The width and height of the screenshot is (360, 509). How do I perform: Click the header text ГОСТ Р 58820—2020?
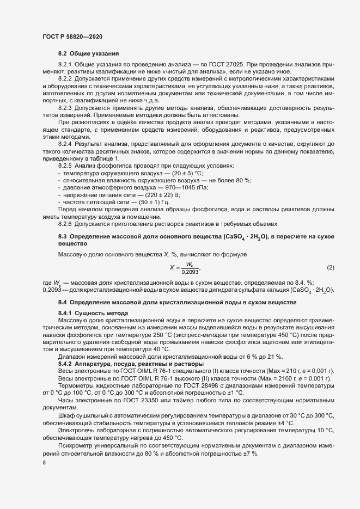pyautogui.click(x=72, y=36)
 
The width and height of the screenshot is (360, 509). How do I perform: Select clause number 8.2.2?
pyautogui.click(x=65, y=79)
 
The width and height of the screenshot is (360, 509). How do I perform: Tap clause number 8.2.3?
pyautogui.click(x=65, y=108)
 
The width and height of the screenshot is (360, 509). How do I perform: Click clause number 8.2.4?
pyautogui.click(x=65, y=143)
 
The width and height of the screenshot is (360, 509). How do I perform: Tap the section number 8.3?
pyautogui.click(x=63, y=236)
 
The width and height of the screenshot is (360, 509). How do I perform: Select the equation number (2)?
pyautogui.click(x=330, y=267)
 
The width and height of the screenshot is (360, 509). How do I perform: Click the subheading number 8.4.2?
pyautogui.click(x=65, y=364)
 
